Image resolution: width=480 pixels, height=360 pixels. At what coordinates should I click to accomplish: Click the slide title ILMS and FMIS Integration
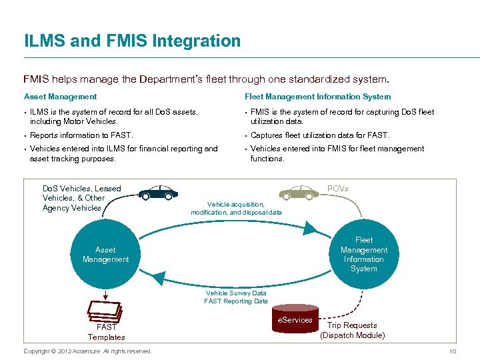coord(132,41)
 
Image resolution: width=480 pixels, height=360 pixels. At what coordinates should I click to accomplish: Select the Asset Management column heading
coord(60,97)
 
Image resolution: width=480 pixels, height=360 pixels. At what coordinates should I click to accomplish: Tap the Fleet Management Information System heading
coord(317,97)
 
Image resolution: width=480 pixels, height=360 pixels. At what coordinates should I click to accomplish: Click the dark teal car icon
coord(159,193)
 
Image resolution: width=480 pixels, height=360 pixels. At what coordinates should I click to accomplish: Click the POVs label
coord(337,189)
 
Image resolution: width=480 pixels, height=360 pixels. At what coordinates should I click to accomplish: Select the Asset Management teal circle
coord(105,255)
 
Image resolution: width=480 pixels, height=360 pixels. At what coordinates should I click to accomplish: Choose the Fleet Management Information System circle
coord(363,254)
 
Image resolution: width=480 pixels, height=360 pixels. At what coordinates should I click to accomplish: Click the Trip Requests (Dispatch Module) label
coord(352,331)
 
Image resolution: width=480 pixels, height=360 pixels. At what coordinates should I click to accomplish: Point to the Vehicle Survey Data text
coord(236,293)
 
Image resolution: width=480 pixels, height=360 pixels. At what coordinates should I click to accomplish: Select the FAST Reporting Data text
coord(236,301)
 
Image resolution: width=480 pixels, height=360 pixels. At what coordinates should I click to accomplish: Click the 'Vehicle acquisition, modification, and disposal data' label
coord(236,208)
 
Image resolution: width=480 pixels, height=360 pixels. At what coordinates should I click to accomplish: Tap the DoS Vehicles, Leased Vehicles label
coord(81,198)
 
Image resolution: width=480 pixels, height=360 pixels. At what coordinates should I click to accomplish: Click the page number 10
coord(453,351)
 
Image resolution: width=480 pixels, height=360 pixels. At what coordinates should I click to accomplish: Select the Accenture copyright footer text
coord(87,351)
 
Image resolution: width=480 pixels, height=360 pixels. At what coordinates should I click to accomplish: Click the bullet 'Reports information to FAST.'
coord(81,135)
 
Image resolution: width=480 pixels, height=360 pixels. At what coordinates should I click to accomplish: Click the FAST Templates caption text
coord(106,332)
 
